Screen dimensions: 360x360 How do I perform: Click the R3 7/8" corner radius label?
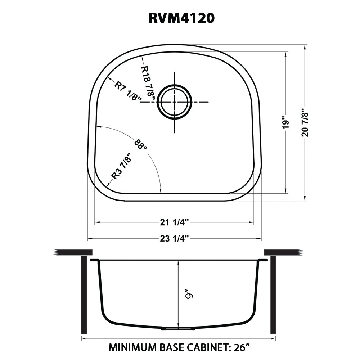pos(120,166)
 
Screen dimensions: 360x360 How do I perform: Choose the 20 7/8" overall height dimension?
pos(305,123)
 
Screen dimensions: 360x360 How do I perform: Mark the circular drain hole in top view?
pos(175,102)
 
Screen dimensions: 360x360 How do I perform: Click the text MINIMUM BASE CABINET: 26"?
pos(180,347)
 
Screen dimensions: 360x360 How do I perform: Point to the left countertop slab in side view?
pos(70,252)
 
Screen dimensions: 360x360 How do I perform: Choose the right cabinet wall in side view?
pos(273,295)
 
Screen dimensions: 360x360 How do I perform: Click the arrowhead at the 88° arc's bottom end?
pos(161,191)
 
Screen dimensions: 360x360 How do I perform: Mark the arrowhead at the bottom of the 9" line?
pos(178,324)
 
